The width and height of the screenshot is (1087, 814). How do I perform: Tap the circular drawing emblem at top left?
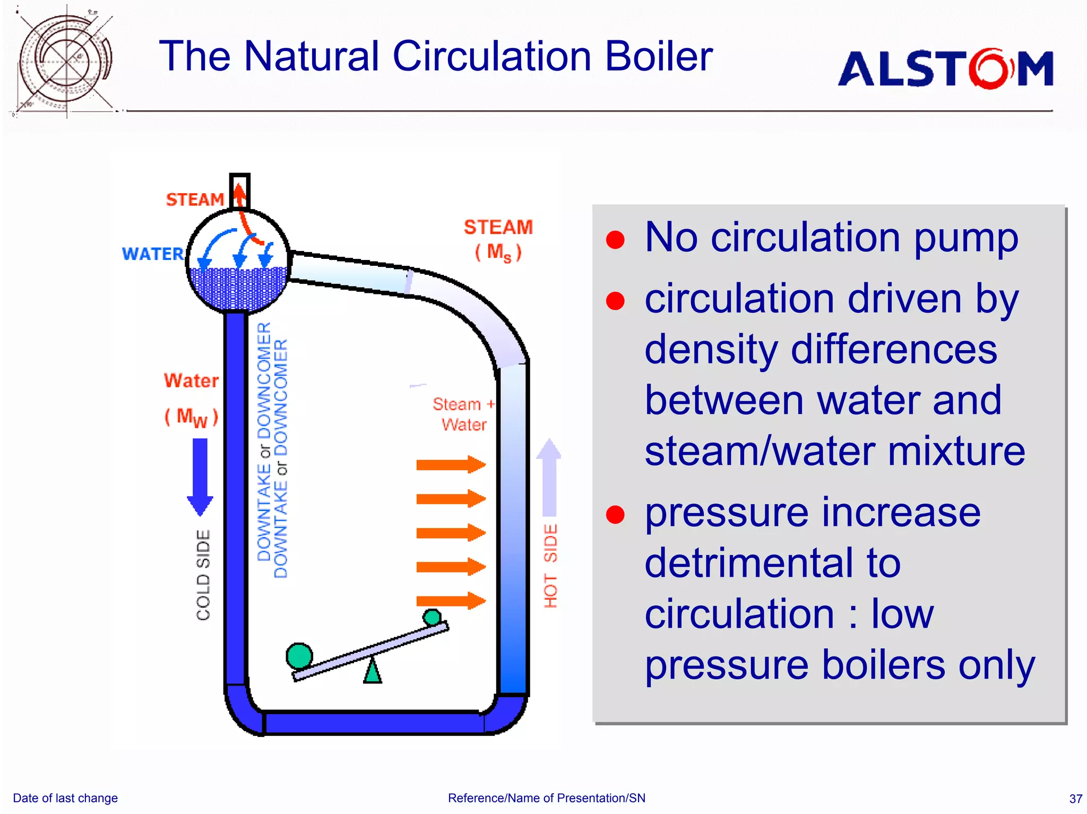click(x=65, y=61)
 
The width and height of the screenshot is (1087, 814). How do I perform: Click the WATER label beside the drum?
click(x=152, y=254)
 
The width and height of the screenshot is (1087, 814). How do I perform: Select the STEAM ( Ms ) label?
click(x=498, y=239)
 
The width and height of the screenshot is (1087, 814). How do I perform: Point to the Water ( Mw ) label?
click(x=191, y=398)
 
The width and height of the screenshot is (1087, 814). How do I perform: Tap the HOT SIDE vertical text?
click(x=550, y=566)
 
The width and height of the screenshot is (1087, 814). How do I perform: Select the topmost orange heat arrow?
click(x=451, y=465)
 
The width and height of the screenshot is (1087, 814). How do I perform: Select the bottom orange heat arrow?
click(x=451, y=601)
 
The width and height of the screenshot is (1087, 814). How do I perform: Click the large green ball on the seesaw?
click(x=299, y=656)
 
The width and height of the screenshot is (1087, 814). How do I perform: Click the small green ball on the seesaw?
click(x=432, y=617)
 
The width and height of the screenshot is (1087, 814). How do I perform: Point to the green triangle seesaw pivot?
click(x=373, y=671)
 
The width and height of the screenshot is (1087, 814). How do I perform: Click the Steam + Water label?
click(x=463, y=414)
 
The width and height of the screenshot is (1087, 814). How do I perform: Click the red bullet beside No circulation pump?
click(x=615, y=240)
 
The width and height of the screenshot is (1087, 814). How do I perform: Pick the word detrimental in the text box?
click(x=772, y=563)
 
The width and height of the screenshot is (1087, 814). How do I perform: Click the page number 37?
click(x=1075, y=799)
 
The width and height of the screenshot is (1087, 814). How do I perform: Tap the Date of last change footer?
click(x=65, y=798)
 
